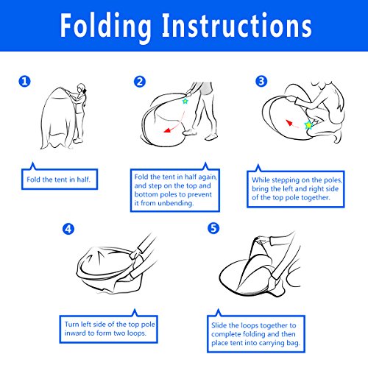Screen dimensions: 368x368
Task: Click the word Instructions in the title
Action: pyautogui.click(x=236, y=25)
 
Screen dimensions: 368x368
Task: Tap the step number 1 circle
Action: pyautogui.click(x=24, y=81)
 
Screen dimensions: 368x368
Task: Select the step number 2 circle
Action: pyautogui.click(x=140, y=82)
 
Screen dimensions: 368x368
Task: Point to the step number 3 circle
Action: pyautogui.click(x=261, y=81)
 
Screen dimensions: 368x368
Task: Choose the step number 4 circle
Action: pyautogui.click(x=68, y=229)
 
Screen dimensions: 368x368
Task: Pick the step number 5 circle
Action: pyautogui.click(x=213, y=228)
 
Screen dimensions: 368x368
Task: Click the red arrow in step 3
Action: pyautogui.click(x=291, y=124)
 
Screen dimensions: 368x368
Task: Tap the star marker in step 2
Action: pyautogui.click(x=185, y=101)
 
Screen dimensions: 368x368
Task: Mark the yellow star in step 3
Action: pyautogui.click(x=308, y=125)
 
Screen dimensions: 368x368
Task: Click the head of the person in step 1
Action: pyautogui.click(x=82, y=88)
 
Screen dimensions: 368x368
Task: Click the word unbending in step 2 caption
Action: pyautogui.click(x=176, y=203)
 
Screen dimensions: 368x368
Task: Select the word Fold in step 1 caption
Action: pyautogui.click(x=33, y=180)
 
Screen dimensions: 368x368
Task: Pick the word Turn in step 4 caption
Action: pyautogui.click(x=71, y=324)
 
